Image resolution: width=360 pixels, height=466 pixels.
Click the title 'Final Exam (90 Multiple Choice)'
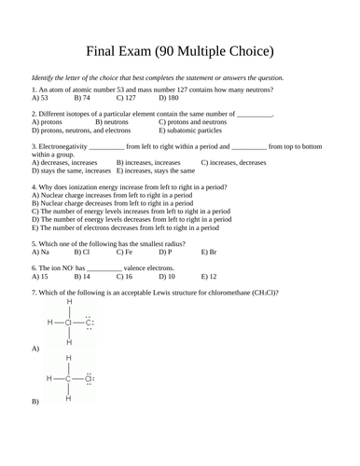pos(180,50)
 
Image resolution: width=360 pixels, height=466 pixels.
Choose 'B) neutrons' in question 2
pos(112,122)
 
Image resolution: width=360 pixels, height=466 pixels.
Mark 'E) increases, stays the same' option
pos(162,171)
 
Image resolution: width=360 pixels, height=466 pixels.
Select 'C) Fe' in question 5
pos(124,252)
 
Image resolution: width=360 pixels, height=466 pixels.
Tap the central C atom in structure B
pos(68,378)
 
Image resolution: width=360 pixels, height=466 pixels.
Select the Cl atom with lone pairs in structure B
pos(90,378)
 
